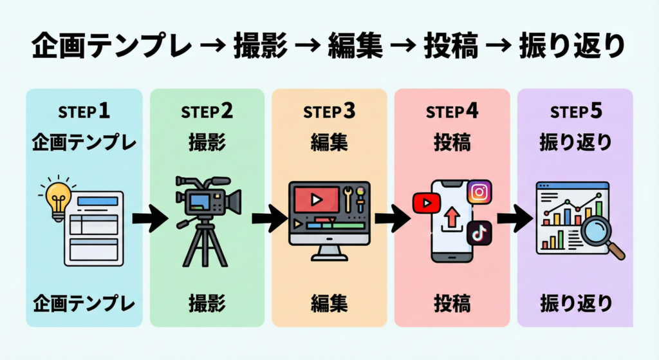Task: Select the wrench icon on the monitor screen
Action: coord(348,200)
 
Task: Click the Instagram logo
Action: coord(479,192)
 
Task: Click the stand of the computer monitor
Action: coord(329,252)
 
